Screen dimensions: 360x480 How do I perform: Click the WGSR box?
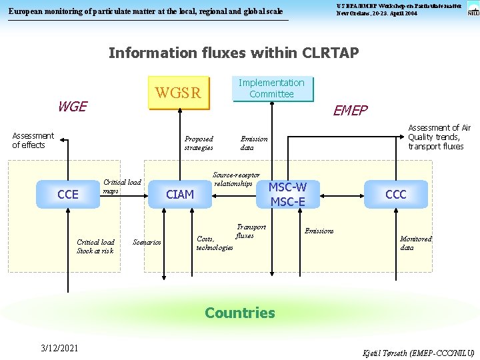pyautogui.click(x=178, y=93)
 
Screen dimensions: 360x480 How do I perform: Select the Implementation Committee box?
pyautogui.click(x=271, y=89)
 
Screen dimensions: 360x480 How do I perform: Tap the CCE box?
pyautogui.click(x=68, y=195)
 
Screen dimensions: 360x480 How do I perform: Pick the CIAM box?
pyautogui.click(x=180, y=195)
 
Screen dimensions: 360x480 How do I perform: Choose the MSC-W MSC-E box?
pyautogui.click(x=287, y=194)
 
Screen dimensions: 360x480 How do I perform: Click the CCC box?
pyautogui.click(x=395, y=195)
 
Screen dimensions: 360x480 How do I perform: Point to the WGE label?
pyautogui.click(x=72, y=107)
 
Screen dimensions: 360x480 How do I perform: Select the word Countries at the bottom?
pyautogui.click(x=240, y=313)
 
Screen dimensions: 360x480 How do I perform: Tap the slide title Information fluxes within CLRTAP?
pyautogui.click(x=233, y=53)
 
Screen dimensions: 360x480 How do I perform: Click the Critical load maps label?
pyautogui.click(x=122, y=186)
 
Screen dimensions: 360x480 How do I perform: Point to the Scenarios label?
pyautogui.click(x=147, y=242)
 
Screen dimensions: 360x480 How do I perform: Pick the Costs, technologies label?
pyautogui.click(x=214, y=243)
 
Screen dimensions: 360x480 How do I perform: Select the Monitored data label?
pyautogui.click(x=415, y=243)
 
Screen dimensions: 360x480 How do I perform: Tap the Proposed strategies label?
pyautogui.click(x=199, y=143)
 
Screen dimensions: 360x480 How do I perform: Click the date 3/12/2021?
pyautogui.click(x=59, y=348)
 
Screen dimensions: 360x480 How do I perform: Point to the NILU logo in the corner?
pyautogui.click(x=473, y=8)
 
